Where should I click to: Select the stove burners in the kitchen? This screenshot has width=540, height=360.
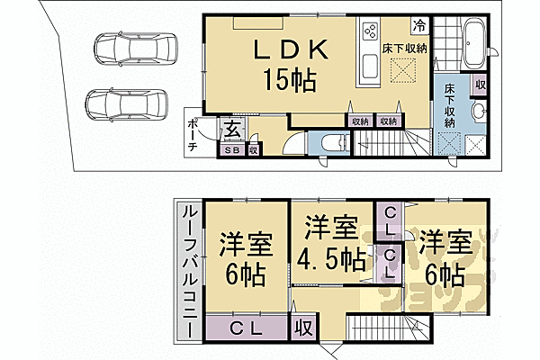click(x=370, y=32)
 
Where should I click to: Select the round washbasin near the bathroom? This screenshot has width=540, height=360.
click(x=478, y=112)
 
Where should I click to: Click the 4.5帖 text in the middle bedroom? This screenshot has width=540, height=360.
click(x=332, y=261)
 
